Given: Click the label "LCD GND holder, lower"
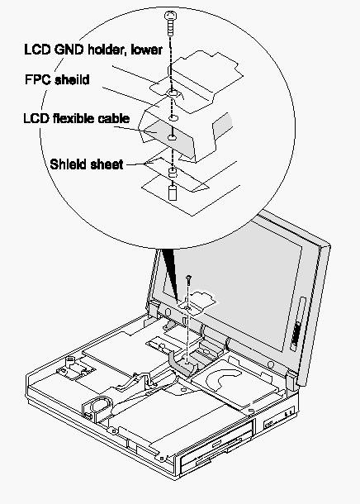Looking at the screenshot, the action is (93, 50).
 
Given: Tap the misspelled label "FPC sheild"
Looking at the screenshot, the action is (57, 79).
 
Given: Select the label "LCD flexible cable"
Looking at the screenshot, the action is (77, 118).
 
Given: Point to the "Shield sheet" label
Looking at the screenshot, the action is (87, 164).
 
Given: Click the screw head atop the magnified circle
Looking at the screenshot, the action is (171, 16).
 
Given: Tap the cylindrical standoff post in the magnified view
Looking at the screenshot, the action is (173, 193).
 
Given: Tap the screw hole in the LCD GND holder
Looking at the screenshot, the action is (173, 93).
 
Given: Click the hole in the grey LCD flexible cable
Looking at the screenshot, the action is (172, 138).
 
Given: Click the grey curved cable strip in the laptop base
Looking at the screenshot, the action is (178, 363).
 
